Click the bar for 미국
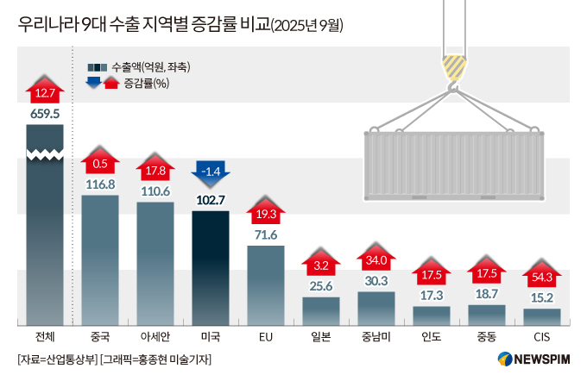click(210, 267)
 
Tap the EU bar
click(265, 284)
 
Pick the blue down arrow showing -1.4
click(211, 172)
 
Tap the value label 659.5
click(44, 113)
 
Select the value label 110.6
click(155, 190)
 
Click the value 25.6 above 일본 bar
click(320, 285)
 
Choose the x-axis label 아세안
click(155, 335)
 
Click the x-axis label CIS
click(542, 335)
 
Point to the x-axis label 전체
click(44, 335)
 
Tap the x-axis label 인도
click(432, 335)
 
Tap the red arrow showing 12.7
click(44, 90)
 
